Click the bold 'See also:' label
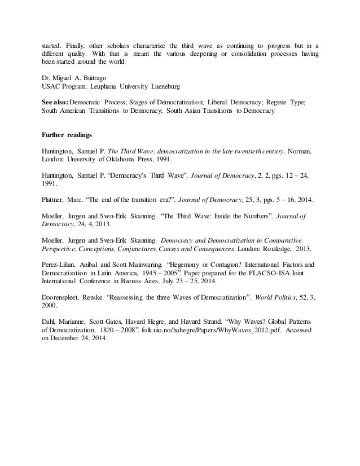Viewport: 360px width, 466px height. tap(55, 102)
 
